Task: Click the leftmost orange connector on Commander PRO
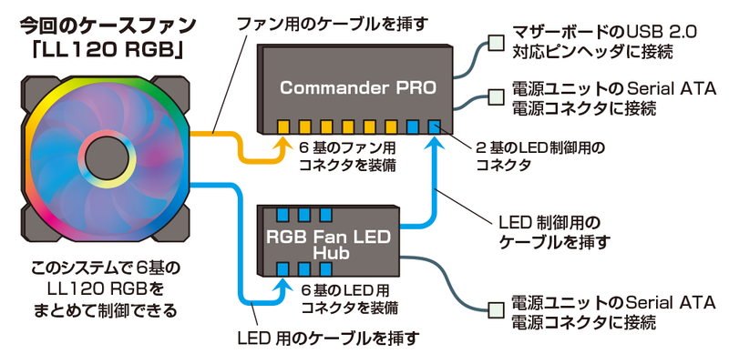click(283, 126)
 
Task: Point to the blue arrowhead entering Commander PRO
click(433, 145)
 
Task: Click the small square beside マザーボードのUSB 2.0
click(496, 42)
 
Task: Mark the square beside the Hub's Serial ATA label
click(496, 309)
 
